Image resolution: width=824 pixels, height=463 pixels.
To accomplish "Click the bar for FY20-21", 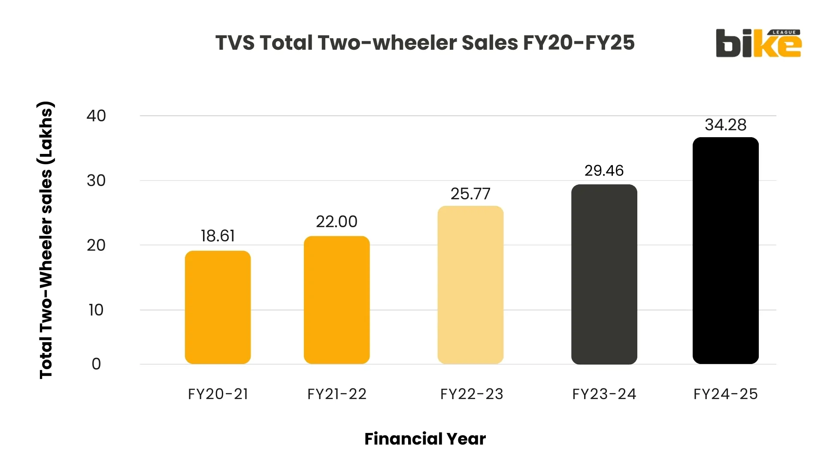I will pos(218,307).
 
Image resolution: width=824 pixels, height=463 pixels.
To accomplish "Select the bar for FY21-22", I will pos(336,300).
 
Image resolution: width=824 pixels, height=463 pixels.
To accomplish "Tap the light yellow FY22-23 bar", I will pos(470,285).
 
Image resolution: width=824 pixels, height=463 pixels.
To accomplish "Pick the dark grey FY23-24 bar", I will pos(604,274).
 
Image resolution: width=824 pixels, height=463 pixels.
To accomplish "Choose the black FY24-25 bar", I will pos(725,251).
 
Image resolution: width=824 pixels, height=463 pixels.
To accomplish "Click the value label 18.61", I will pos(218,236).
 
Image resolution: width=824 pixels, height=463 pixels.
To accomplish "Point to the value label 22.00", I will pos(336,222).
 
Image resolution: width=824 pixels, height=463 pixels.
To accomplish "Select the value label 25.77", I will pos(470,194).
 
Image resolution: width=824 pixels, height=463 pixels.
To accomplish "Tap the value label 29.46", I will pos(604,171).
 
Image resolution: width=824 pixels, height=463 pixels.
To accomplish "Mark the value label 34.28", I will pos(725,125).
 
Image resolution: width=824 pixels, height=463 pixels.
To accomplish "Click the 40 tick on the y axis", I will pos(96,116).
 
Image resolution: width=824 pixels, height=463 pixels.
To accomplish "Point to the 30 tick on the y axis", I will pos(96,180).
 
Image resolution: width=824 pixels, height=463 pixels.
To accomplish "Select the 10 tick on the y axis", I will pos(96,310).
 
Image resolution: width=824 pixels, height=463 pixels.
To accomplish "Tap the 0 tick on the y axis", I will pos(96,364).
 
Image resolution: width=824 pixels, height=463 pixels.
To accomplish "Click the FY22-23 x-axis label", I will pos(472,394).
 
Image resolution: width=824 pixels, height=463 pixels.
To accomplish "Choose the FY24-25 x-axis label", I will pos(725,394).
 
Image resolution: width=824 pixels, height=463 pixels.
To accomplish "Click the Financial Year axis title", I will pos(425,439).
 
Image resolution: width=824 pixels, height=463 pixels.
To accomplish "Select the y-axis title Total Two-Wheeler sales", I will pos(46,240).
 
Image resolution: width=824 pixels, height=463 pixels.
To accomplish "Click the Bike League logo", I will pos(758,43).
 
